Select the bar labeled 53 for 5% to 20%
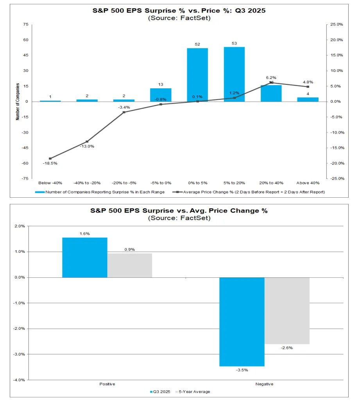pos(234,74)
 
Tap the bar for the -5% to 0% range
pos(161,95)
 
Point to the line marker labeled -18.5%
pos(50,159)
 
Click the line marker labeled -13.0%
pos(87,141)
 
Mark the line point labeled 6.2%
pos(271,82)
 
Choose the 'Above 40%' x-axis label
pos(308,183)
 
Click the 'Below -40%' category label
pos(50,183)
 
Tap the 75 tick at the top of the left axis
pos(26,25)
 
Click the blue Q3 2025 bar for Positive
pos(85,257)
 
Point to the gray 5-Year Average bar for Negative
pos(287,311)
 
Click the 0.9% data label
pos(130,249)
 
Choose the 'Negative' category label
pos(264,384)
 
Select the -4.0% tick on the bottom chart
pos(20,380)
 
